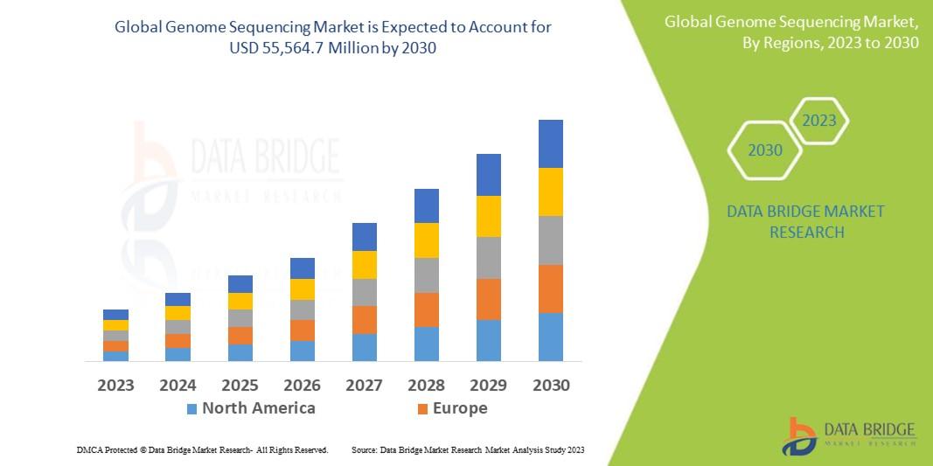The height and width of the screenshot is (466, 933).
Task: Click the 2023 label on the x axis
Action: (115, 385)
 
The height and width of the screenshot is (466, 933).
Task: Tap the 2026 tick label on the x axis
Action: (302, 385)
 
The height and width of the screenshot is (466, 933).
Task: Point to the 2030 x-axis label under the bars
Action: (551, 385)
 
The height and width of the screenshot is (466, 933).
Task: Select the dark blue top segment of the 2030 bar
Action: (551, 143)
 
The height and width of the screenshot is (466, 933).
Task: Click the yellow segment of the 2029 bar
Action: (489, 216)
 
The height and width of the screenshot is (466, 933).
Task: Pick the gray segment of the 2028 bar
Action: (426, 275)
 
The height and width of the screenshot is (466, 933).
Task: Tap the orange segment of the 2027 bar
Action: (365, 319)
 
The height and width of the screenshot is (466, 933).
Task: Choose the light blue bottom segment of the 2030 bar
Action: (551, 337)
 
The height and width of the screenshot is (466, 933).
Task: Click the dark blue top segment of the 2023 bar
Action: (115, 315)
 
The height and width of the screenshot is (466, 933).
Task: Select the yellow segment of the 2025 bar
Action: (240, 301)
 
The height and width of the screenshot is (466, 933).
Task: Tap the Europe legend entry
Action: (459, 408)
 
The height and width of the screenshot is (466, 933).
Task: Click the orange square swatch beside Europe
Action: (423, 409)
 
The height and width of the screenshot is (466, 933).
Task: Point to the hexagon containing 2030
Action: (765, 150)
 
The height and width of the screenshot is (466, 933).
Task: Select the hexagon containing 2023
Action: (819, 121)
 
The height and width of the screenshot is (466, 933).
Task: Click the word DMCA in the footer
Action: (90, 449)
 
